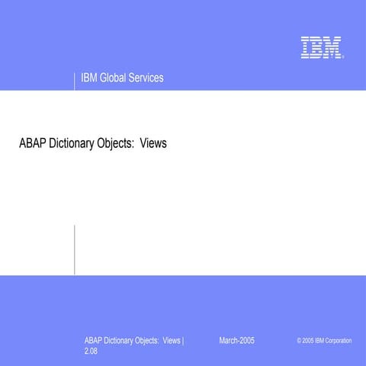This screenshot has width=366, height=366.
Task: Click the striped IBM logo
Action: pos(320,47)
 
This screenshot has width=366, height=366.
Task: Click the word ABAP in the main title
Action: pos(32,143)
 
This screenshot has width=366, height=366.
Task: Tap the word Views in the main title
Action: pos(152,143)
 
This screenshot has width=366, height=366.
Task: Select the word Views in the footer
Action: pos(171,340)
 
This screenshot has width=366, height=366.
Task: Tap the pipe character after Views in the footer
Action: pos(184,340)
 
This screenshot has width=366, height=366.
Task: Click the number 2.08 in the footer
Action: pos(91,354)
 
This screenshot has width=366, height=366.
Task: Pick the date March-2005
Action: pos(236,340)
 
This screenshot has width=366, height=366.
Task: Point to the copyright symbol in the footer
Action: pos(300,341)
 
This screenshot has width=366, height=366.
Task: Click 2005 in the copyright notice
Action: pos(308,341)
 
